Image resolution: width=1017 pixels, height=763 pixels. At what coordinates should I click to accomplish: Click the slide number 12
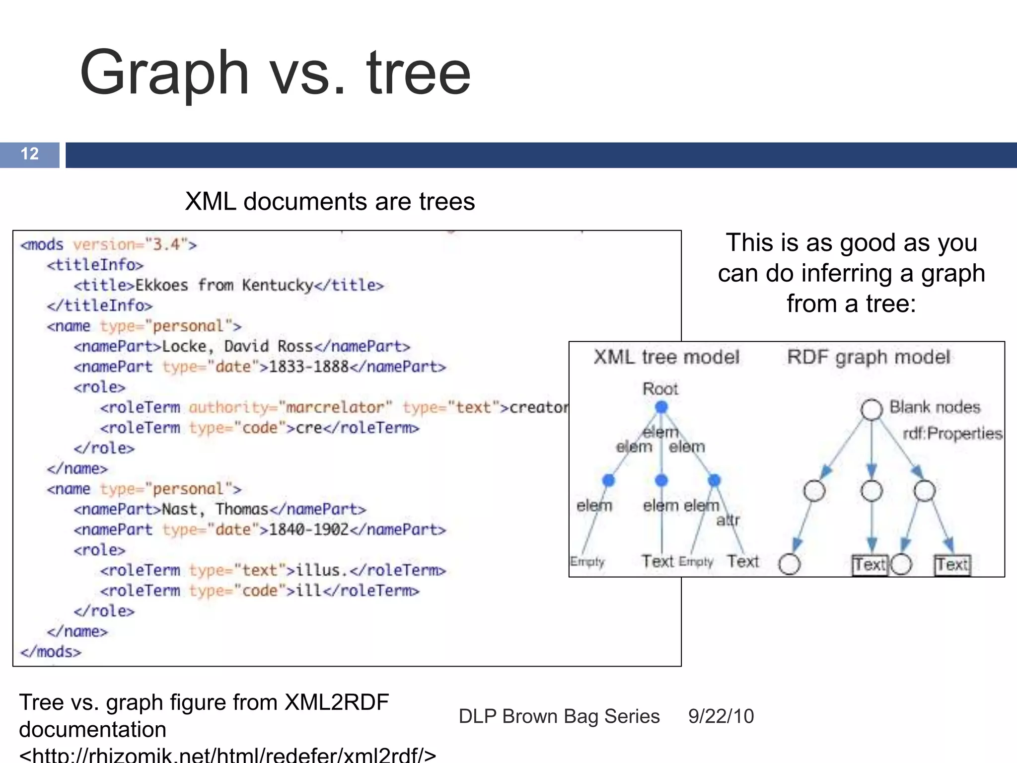pos(30,154)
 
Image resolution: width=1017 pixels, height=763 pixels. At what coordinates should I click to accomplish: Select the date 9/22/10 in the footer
pos(721,716)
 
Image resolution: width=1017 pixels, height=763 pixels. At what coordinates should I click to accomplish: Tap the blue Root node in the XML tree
pos(661,407)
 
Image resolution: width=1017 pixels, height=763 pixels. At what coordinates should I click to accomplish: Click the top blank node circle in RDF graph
pos(872,409)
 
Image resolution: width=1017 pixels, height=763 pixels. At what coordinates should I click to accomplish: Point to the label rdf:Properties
pos(952,434)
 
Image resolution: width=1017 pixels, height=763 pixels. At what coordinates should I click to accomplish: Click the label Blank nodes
pos(935,407)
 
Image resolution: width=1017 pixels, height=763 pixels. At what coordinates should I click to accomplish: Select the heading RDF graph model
pos(868,357)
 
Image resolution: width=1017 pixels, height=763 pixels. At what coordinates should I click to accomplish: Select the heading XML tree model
pos(666,357)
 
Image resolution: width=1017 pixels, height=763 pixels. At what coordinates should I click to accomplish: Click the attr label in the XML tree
pos(727,520)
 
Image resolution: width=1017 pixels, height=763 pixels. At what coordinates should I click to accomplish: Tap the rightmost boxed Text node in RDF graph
pos(952,565)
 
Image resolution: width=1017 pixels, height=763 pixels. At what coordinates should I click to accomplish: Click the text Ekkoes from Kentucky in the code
pos(224,285)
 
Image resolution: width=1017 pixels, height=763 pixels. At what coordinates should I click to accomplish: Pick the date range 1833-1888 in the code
pos(309,367)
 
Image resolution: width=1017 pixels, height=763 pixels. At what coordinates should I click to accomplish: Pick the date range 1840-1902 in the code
pos(309,530)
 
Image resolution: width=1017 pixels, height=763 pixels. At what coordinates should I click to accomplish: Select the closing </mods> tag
pos(51,652)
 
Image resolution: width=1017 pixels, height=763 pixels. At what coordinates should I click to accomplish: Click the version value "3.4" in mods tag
pos(166,244)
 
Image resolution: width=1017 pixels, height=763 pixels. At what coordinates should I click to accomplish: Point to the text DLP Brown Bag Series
pos(559,716)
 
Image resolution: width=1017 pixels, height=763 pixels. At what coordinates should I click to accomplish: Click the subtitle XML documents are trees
pos(330,202)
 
